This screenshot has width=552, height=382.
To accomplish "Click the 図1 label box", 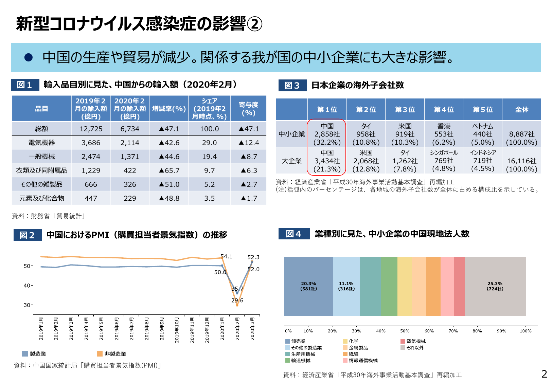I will click(25, 85).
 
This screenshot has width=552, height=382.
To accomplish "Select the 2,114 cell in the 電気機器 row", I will click(130, 143).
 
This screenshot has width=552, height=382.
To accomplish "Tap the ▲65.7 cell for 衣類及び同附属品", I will click(169, 170).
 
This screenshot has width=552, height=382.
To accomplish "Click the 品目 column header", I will click(41, 109).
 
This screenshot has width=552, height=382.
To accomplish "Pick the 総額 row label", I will click(41, 129).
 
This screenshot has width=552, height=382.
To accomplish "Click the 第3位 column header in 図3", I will click(405, 110).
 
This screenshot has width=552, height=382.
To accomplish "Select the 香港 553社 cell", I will click(444, 134).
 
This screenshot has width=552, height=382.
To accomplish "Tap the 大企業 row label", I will click(291, 161).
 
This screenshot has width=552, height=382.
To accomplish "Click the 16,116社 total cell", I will click(521, 165).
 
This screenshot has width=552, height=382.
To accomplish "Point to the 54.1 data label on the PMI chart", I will click(227, 256).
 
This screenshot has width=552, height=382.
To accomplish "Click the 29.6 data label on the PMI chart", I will click(237, 301).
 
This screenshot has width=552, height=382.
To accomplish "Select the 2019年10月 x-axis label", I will click(177, 330).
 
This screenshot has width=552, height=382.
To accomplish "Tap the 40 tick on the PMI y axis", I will click(27, 286).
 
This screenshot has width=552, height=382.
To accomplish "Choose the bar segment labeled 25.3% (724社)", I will click(495, 286).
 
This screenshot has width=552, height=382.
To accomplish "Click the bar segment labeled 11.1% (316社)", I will click(346, 286).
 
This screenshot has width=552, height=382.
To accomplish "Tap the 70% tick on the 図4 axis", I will click(453, 331).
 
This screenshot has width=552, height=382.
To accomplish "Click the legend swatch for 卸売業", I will click(287, 341).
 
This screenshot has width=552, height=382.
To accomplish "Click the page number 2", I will click(544, 374).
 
